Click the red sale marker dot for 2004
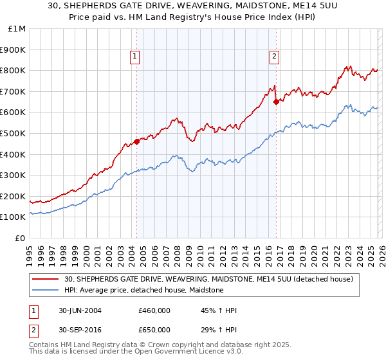(x=136, y=141)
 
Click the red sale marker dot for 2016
(x=276, y=102)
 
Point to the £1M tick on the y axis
(x=17, y=29)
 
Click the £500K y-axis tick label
(x=14, y=134)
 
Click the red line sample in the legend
(x=46, y=280)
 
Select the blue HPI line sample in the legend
(x=46, y=291)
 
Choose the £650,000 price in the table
(x=154, y=330)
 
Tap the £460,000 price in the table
(x=154, y=310)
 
